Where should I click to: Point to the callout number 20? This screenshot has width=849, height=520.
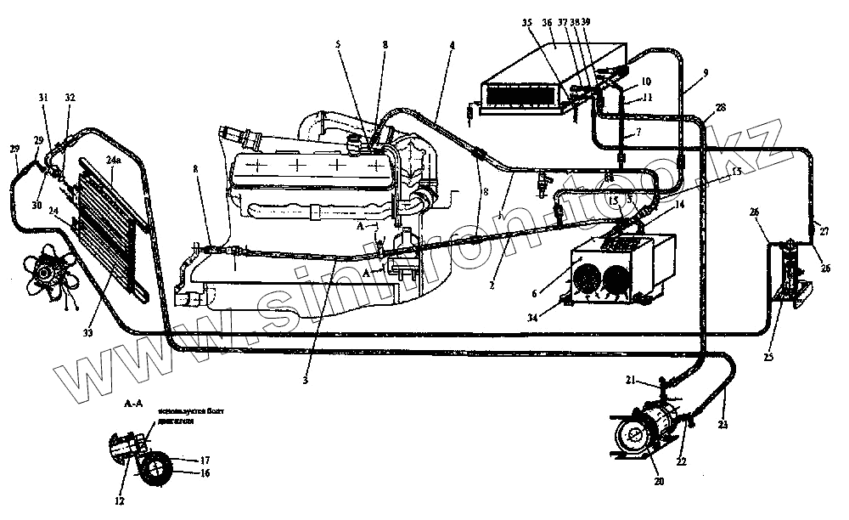pyautogui.click(x=659, y=481)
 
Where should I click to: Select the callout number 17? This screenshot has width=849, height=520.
pyautogui.click(x=205, y=460)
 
